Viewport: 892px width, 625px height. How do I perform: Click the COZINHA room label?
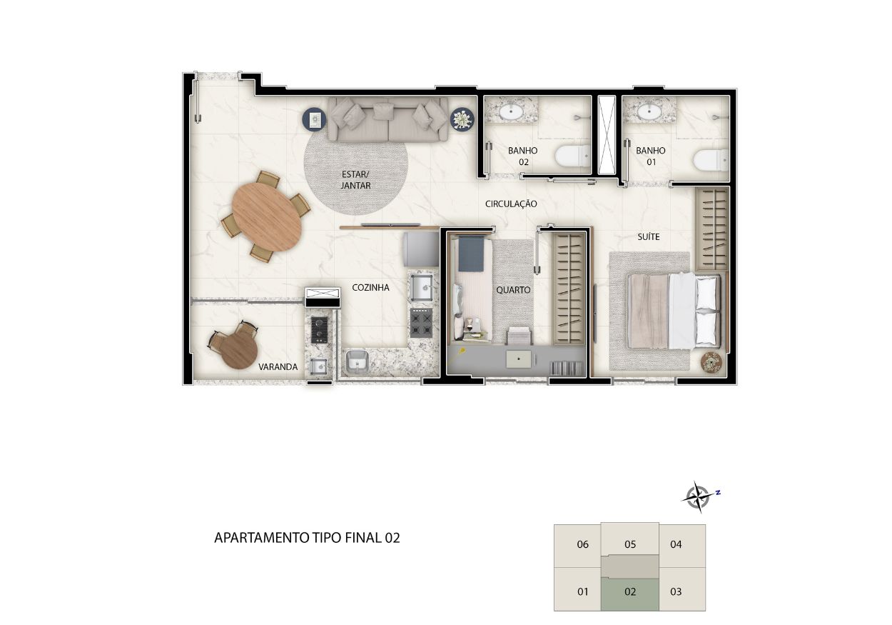(x=370, y=287)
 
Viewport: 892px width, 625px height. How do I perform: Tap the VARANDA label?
(x=278, y=366)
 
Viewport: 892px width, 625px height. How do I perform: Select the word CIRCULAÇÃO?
(x=511, y=204)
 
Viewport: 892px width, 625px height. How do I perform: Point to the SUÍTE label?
(x=648, y=236)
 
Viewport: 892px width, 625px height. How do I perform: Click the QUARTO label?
(x=513, y=290)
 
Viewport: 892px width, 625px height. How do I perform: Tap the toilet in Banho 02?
(x=572, y=156)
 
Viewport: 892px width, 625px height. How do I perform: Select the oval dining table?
(x=267, y=217)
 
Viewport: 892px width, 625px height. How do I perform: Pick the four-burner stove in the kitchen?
(x=421, y=322)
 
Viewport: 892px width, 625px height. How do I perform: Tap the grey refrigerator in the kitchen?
(x=421, y=249)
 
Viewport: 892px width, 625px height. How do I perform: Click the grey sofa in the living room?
(x=388, y=119)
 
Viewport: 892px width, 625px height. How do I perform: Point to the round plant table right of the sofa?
(x=462, y=119)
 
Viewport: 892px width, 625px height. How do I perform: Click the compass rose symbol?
(x=698, y=497)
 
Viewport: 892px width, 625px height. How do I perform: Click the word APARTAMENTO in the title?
(x=262, y=538)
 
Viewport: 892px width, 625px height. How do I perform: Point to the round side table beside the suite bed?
(x=711, y=363)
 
